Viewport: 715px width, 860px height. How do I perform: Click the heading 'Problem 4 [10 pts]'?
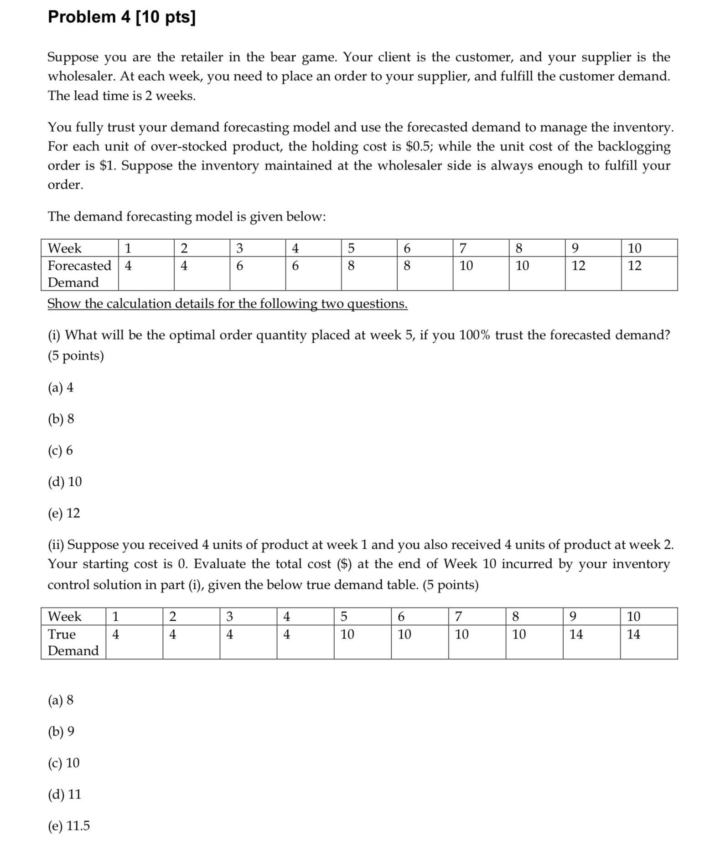122,17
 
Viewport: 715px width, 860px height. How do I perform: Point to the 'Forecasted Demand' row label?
79,273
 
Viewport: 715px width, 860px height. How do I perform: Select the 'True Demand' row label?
73,642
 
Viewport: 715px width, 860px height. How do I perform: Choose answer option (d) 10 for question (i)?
65,482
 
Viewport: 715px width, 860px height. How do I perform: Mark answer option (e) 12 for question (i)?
64,513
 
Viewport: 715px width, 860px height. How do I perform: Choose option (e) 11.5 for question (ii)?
69,826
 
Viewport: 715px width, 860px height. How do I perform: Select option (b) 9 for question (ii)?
61,731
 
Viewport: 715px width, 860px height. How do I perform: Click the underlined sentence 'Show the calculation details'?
227,304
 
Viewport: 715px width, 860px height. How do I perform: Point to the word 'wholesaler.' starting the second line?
82,77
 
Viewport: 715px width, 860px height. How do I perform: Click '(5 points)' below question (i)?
76,355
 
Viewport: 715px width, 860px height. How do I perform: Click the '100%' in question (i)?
474,335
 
